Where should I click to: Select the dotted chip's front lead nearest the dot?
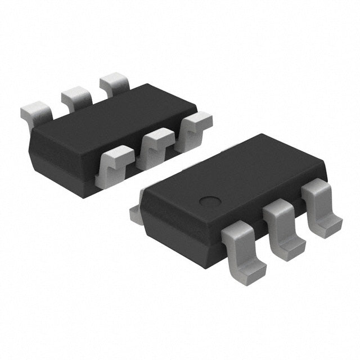243,247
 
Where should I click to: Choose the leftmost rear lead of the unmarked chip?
36,112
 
